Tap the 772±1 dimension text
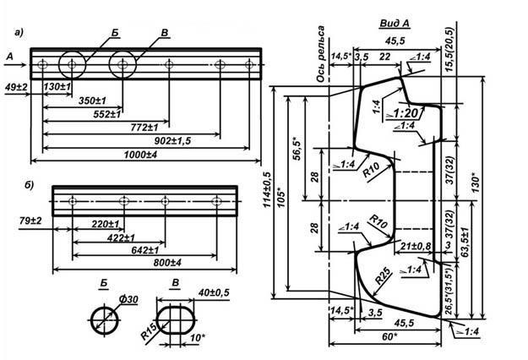(139, 126)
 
